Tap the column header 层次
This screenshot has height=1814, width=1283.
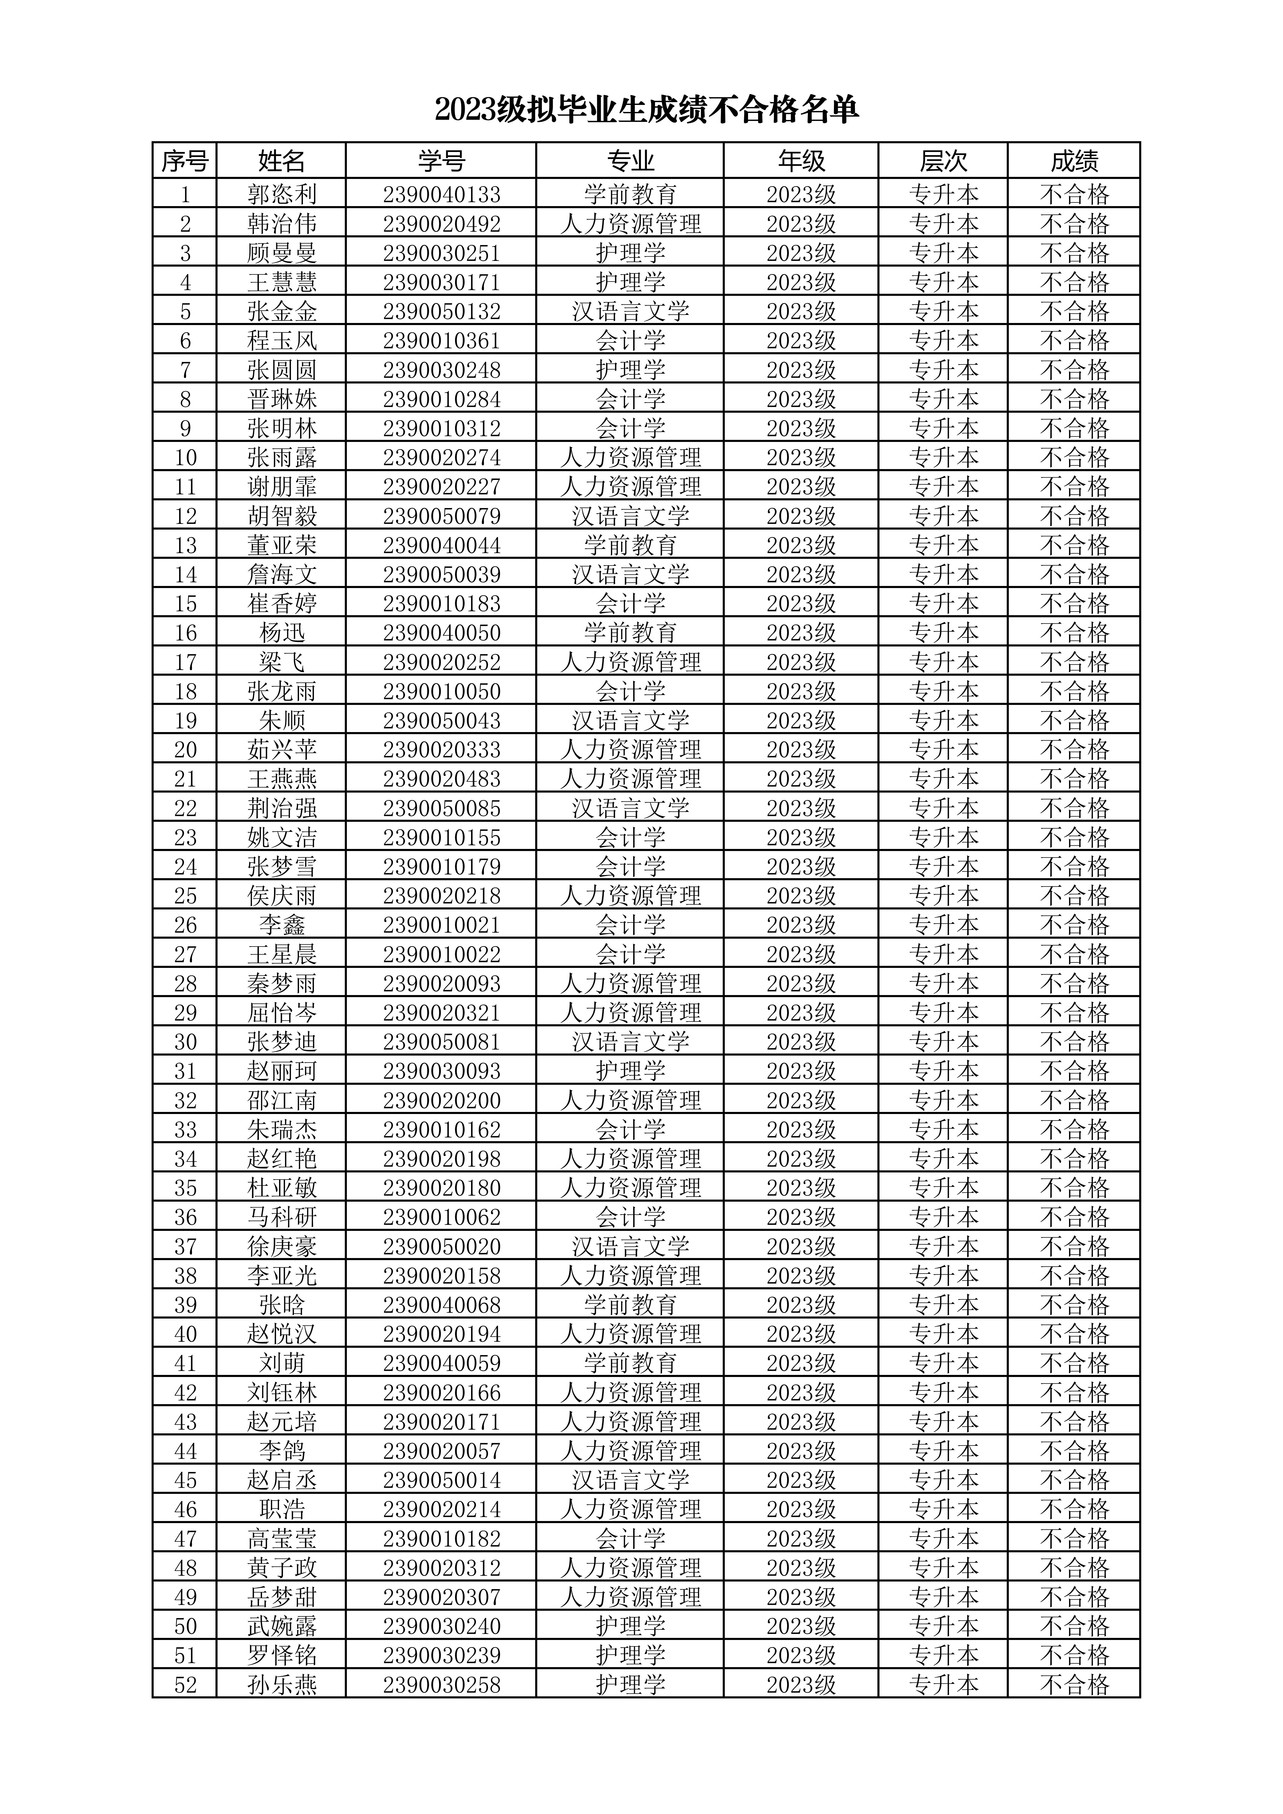click(943, 161)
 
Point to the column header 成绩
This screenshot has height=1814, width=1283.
click(1074, 161)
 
